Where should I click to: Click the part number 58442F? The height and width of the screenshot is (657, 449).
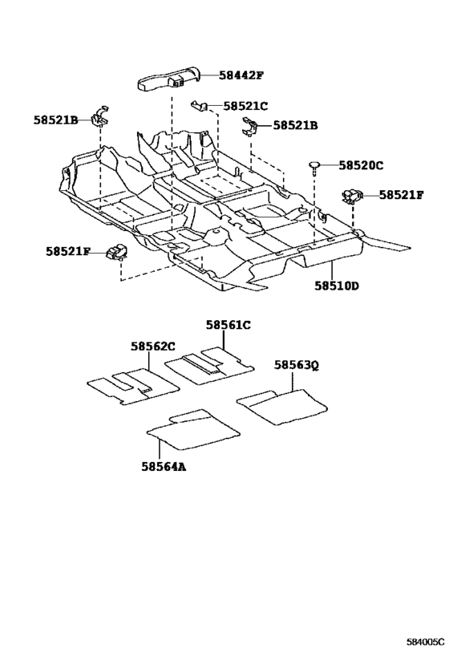(x=241, y=75)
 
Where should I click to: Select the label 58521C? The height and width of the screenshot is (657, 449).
(x=245, y=106)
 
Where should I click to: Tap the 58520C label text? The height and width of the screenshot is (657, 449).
(x=361, y=165)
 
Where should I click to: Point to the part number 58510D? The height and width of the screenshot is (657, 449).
(x=337, y=286)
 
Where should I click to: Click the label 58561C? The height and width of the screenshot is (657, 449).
(x=228, y=325)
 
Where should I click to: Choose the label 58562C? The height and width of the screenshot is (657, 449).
(x=153, y=346)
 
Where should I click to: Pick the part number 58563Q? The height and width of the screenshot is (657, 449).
(x=297, y=365)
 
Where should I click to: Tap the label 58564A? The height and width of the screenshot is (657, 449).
(x=164, y=466)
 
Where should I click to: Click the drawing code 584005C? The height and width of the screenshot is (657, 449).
(x=425, y=642)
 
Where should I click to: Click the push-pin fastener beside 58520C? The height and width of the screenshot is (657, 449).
(x=314, y=165)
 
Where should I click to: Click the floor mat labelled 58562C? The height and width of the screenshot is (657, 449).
(x=133, y=387)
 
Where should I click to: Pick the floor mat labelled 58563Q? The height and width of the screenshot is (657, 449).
(x=282, y=406)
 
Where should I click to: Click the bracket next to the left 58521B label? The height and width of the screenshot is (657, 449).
(x=100, y=116)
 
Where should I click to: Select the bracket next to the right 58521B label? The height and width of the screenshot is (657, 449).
(x=250, y=127)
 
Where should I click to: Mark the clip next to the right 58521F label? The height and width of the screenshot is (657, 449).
(x=352, y=196)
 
